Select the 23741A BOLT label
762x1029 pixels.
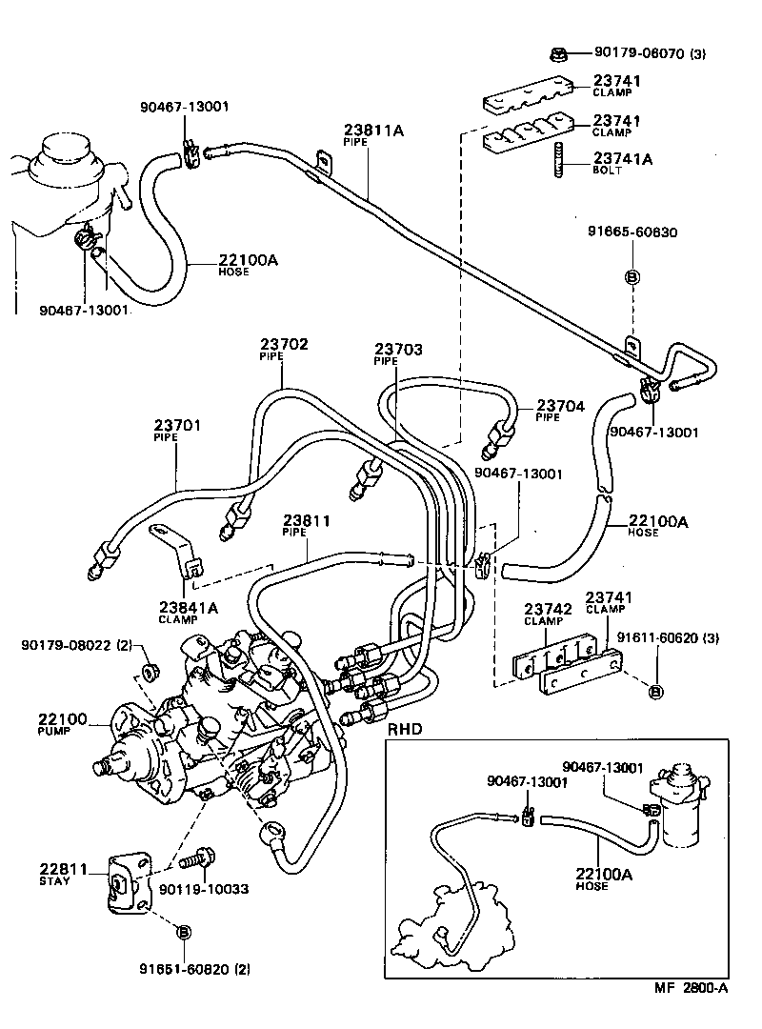coord(622,164)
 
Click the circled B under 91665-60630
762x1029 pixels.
coord(631,276)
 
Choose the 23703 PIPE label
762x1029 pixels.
coord(397,353)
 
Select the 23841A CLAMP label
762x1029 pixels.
coord(188,611)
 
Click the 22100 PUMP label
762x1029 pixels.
coord(62,723)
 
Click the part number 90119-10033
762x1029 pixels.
coord(204,889)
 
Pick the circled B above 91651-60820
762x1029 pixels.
coord(185,931)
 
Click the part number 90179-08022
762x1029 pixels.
coord(76,646)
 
